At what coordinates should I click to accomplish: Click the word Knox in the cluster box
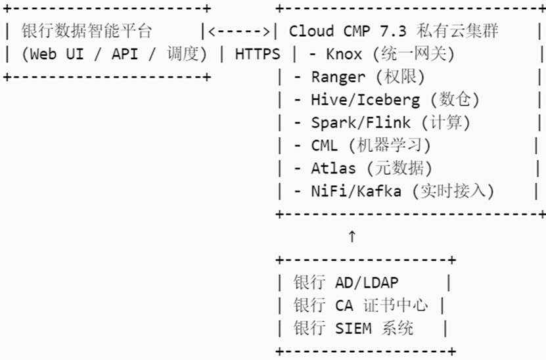[344, 54]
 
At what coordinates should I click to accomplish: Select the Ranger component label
[338, 77]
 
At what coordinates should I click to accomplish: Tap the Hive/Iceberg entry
[365, 100]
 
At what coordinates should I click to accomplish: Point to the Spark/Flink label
[360, 123]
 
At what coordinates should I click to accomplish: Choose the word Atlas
[332, 169]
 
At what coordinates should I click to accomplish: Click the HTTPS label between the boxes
[257, 54]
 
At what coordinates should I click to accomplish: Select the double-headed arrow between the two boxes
[239, 31]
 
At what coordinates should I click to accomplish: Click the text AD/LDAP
[366, 283]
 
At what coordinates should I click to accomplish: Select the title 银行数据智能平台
[86, 31]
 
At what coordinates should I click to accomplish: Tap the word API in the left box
[124, 54]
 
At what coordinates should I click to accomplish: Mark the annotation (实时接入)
[453, 191]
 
